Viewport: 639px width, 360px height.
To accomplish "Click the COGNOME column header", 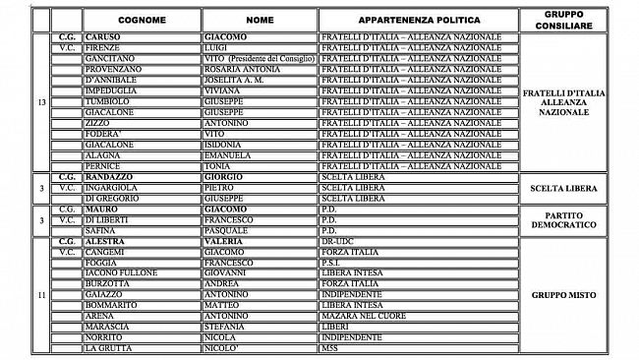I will [141, 19].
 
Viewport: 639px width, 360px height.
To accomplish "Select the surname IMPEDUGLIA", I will [111, 90].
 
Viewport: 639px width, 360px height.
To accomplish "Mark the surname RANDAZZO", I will [112, 177].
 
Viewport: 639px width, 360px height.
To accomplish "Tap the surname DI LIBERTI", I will [108, 220].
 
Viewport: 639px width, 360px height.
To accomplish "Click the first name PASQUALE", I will [225, 231].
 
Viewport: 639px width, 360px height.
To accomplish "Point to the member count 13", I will [40, 101].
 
